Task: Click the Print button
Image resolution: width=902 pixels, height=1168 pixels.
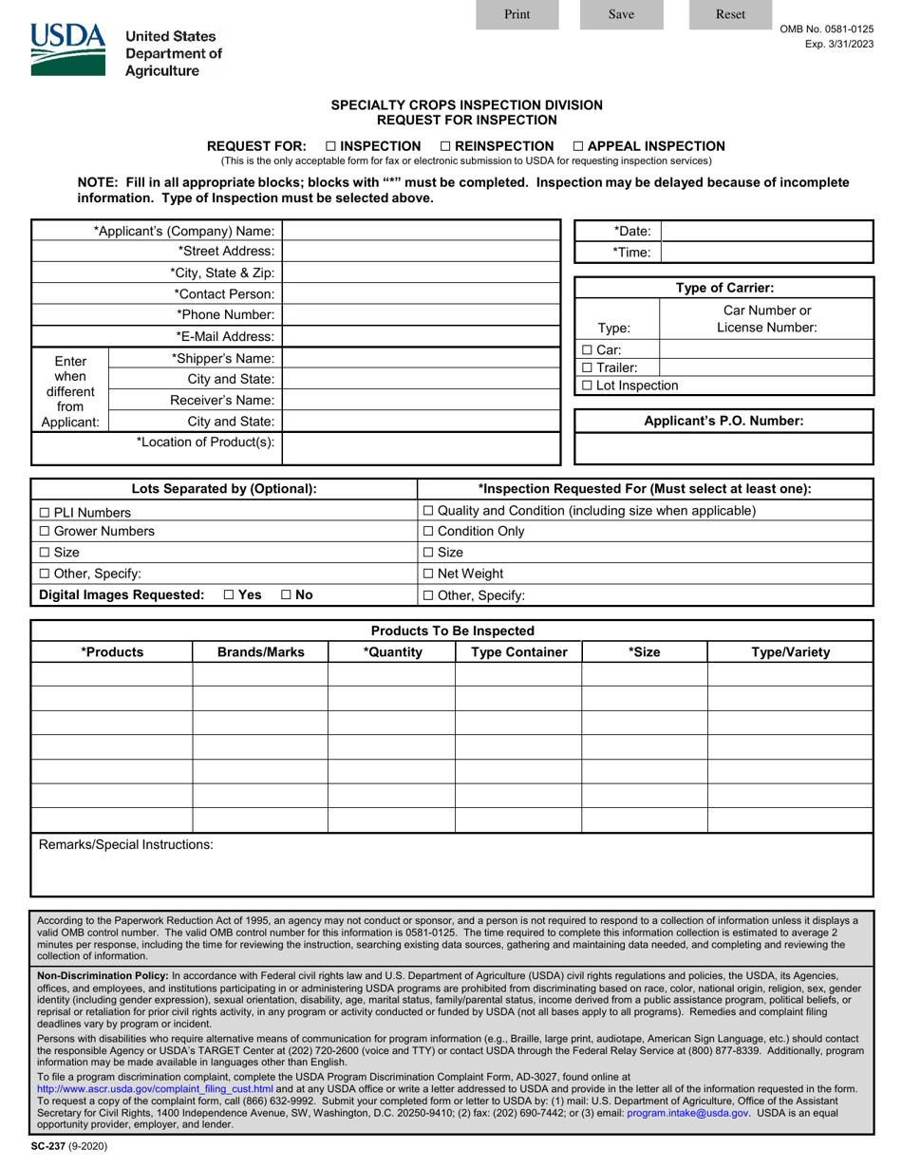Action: (x=517, y=14)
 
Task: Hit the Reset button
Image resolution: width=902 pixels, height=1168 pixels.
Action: (x=730, y=14)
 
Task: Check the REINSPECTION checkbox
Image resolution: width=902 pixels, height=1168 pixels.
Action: (x=445, y=146)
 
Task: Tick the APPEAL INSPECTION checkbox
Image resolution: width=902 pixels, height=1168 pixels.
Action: (x=578, y=146)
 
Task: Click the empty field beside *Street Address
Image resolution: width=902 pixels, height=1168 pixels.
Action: (x=422, y=251)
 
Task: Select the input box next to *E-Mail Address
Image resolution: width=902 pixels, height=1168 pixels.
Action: (x=422, y=336)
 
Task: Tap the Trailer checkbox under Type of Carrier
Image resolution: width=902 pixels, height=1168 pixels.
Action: (x=587, y=367)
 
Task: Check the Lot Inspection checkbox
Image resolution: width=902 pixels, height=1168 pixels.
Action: (x=587, y=386)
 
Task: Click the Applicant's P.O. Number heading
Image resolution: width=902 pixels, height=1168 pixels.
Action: (x=723, y=421)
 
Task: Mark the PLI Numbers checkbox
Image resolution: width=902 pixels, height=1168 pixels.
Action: (x=45, y=513)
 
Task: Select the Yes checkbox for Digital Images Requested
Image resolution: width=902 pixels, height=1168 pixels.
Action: (x=230, y=595)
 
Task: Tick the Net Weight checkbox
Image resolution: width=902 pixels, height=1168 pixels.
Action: (x=428, y=574)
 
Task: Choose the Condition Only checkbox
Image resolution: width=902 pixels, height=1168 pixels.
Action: (x=428, y=532)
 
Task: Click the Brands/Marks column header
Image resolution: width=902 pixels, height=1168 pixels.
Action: (x=260, y=652)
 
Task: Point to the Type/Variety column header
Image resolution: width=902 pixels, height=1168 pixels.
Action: (x=790, y=652)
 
